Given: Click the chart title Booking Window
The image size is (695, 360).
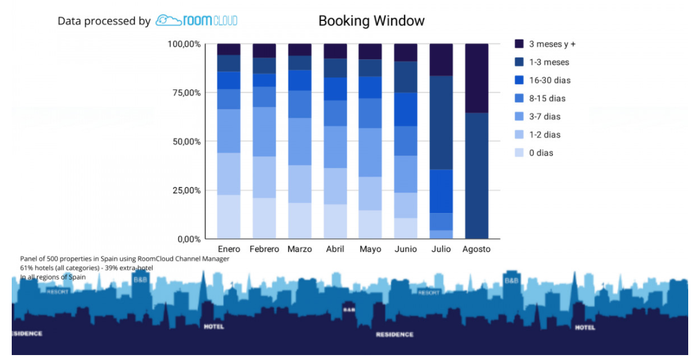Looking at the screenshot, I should pos(371,21).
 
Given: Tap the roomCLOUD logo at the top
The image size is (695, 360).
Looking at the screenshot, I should pos(196,20).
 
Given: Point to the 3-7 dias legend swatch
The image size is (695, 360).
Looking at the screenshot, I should pos(520,117).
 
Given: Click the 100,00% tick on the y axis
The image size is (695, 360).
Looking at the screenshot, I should pos(184,44).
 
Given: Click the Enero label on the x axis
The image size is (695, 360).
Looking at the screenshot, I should pos(229,249).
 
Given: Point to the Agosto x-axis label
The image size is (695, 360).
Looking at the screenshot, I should pos(476,249).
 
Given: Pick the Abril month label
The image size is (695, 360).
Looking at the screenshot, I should pos(335,249).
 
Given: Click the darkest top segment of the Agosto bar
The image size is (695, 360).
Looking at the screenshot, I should pos(476,78).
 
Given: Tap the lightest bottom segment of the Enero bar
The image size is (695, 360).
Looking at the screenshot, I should pos(229,217).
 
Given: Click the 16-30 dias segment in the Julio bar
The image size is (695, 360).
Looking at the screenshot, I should pos(441,191).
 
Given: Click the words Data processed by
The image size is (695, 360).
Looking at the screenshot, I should pos(104,21).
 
